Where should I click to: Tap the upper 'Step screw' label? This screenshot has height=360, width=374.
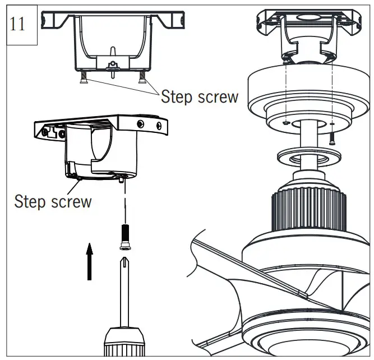click(199, 96)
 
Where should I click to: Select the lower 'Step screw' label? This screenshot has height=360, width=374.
click(53, 201)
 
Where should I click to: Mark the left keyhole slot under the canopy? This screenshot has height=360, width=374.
click(286, 122)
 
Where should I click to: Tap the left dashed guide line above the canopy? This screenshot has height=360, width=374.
click(285, 90)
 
